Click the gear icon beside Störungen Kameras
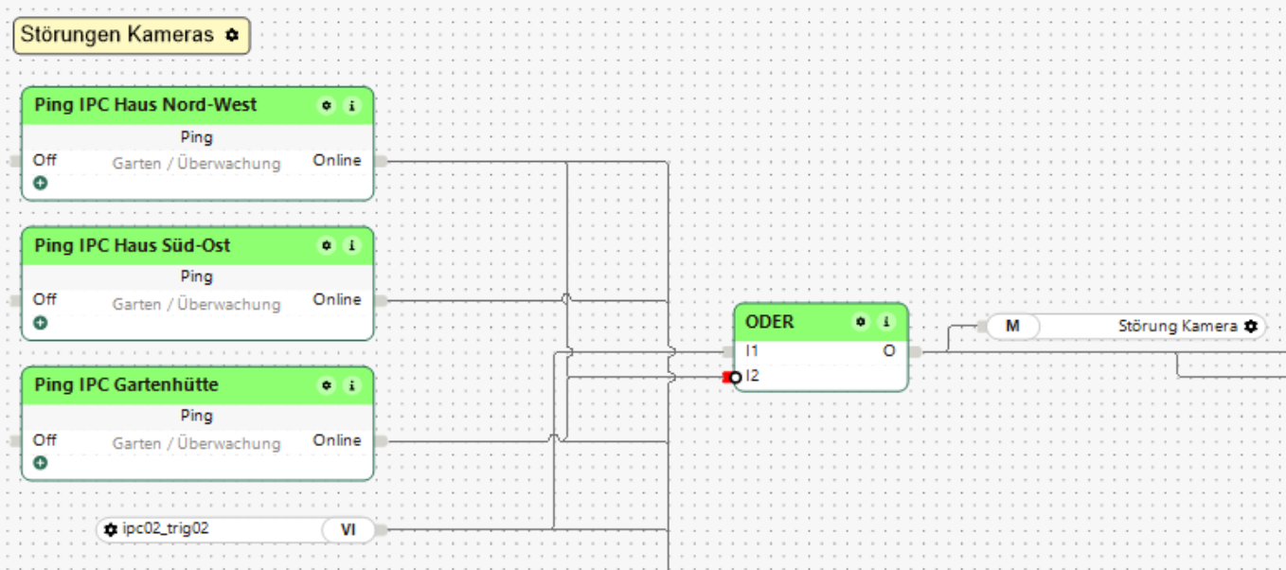(232, 36)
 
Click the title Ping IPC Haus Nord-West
(145, 105)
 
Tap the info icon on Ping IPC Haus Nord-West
(351, 106)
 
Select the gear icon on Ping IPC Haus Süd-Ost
(327, 246)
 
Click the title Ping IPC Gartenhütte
(126, 385)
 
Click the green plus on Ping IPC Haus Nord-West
(41, 183)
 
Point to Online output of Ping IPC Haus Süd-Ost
(337, 300)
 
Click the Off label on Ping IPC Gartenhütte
(45, 440)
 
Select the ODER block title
(770, 322)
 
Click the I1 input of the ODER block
(752, 351)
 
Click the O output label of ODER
(888, 351)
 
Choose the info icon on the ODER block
(886, 322)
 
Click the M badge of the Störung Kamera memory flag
(1012, 327)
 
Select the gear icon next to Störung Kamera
(1251, 327)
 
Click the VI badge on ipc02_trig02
(348, 529)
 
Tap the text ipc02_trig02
(166, 528)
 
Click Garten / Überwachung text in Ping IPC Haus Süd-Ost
(196, 304)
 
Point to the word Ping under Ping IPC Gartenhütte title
(196, 416)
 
